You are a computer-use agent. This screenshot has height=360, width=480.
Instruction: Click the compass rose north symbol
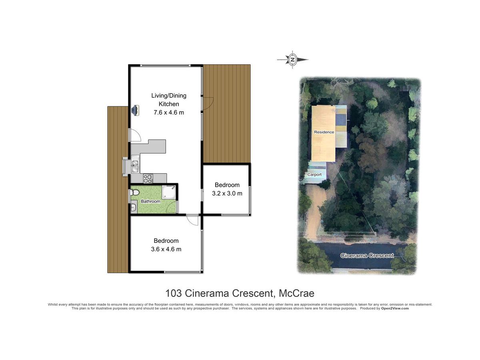click(x=292, y=60)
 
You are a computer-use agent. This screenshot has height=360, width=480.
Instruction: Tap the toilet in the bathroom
click(x=135, y=193)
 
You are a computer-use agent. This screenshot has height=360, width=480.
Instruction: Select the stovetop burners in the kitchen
click(x=148, y=178)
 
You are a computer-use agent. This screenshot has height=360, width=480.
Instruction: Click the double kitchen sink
click(x=135, y=166)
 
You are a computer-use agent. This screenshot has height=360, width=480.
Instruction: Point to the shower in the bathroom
click(x=168, y=192)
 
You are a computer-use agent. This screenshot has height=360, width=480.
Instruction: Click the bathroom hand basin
click(x=133, y=208)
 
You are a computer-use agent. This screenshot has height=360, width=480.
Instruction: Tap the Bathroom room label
click(x=150, y=201)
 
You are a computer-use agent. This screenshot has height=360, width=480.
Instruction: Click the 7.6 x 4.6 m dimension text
click(x=169, y=112)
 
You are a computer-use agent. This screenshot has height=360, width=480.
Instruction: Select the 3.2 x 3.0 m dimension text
click(x=227, y=194)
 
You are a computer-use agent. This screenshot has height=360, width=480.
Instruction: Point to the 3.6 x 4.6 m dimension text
click(x=166, y=249)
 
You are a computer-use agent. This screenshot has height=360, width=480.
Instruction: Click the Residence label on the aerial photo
click(x=324, y=132)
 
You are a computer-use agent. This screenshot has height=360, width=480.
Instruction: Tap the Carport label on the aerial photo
click(x=314, y=174)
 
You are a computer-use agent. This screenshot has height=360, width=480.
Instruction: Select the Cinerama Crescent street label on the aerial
click(x=367, y=256)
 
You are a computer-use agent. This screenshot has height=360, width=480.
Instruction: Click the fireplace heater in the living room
click(x=135, y=110)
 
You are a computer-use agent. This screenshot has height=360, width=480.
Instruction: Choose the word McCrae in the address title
click(x=296, y=293)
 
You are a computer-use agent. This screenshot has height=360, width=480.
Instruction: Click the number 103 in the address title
click(x=174, y=293)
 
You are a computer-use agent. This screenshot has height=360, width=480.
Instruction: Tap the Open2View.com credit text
click(x=395, y=308)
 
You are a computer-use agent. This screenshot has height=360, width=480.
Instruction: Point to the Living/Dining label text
click(x=169, y=96)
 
